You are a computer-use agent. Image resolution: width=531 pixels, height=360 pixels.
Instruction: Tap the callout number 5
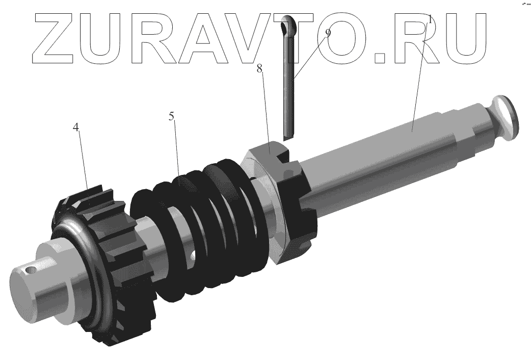tap(172, 116)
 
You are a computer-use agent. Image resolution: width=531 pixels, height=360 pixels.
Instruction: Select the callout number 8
tap(259, 69)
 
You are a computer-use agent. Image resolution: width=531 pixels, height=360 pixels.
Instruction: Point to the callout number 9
tap(328, 33)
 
